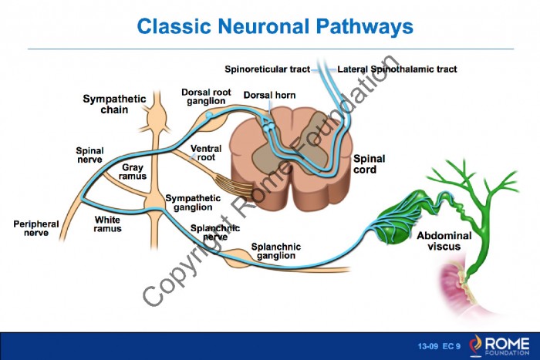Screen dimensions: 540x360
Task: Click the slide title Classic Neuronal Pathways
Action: click(275, 26)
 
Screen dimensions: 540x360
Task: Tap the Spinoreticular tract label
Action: click(267, 69)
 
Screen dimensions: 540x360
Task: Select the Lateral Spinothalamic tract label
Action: click(397, 69)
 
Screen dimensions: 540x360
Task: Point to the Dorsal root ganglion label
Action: click(206, 96)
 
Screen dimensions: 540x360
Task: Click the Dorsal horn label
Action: click(269, 95)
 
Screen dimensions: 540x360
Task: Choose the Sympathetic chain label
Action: click(114, 104)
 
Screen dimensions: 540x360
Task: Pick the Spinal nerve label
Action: click(89, 155)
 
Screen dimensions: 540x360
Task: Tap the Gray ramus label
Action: click(133, 172)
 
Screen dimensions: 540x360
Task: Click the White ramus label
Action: click(107, 224)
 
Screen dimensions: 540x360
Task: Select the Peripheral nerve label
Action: click(36, 228)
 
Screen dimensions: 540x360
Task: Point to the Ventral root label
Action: click(206, 153)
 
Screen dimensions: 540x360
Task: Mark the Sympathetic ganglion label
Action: click(193, 203)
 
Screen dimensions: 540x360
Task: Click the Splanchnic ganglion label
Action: click(276, 251)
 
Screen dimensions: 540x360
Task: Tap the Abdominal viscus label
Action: click(444, 241)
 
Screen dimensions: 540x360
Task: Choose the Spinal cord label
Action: click(369, 164)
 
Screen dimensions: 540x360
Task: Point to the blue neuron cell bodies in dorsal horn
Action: click(268, 126)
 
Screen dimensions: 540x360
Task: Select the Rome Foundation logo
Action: click(499, 345)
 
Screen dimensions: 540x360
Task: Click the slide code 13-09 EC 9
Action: click(439, 346)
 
